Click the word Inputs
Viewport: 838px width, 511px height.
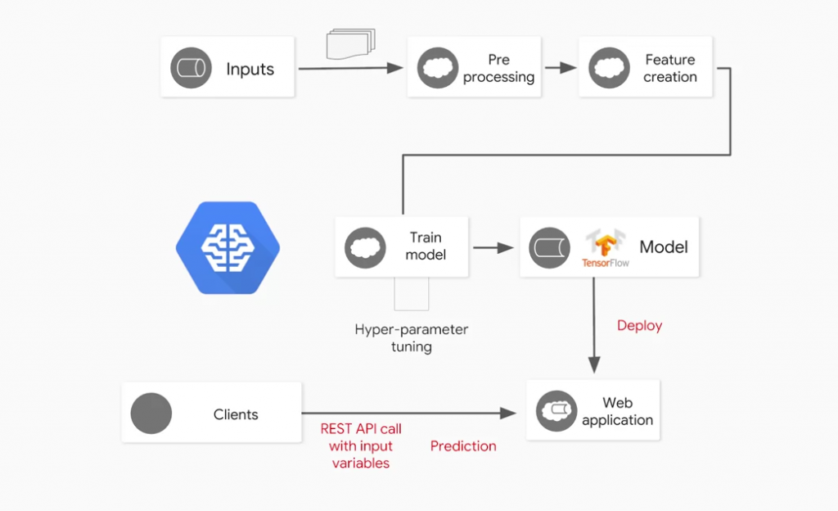250,69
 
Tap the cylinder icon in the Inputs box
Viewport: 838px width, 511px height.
191,69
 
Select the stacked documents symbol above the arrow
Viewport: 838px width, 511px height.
350,44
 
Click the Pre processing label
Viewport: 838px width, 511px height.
498,69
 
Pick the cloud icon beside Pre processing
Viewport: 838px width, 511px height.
438,69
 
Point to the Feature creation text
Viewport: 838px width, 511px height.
669,69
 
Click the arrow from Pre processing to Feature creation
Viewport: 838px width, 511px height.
561,69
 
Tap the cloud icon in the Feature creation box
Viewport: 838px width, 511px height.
609,69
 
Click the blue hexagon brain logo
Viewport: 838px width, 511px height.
228,247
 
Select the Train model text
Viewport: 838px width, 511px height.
426,246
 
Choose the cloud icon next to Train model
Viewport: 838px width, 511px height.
366,246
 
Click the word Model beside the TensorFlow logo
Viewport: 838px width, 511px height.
664,246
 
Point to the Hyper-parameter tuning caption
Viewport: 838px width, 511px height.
412,338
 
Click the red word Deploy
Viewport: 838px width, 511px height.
639,326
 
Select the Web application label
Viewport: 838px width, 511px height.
617,411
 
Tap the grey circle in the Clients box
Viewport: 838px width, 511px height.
151,414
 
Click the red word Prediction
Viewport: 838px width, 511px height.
463,446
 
